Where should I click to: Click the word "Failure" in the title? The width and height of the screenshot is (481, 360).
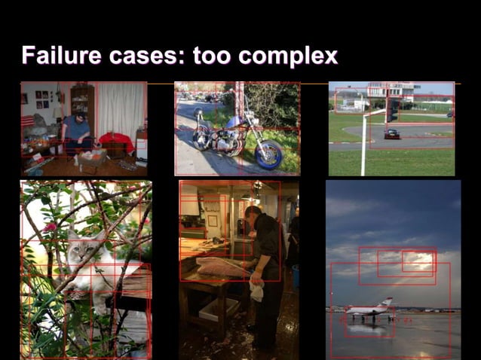(x=60, y=55)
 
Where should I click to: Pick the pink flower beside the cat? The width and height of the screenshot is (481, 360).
(x=51, y=227)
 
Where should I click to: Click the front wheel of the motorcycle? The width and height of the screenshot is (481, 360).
(x=268, y=154)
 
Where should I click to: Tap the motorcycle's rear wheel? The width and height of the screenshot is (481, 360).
(x=201, y=139)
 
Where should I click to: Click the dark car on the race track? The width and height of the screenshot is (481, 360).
(x=391, y=133)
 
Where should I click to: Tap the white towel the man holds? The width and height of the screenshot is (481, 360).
(x=256, y=289)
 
